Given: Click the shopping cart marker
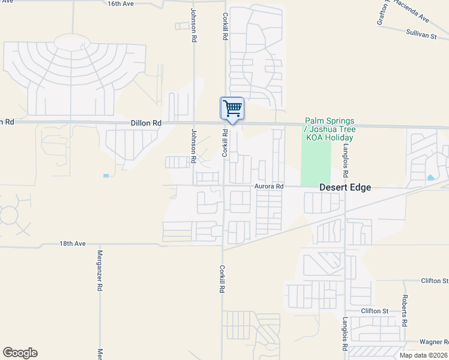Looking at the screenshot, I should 232,109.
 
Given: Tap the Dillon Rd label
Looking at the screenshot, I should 146,122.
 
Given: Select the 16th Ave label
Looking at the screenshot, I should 120,4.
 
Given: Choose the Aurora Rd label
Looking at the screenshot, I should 268,187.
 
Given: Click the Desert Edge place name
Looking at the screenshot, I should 345,187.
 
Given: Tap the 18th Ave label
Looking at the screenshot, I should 73,244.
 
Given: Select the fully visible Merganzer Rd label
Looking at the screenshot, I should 100,271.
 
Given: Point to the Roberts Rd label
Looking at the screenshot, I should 406,311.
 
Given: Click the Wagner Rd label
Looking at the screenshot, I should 433,341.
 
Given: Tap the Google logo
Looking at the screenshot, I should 20,353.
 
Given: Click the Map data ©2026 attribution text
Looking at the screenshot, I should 424,355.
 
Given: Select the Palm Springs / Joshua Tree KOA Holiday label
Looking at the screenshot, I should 330,129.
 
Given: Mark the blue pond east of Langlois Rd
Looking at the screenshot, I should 431,178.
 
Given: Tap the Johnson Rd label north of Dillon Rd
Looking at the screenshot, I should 193,25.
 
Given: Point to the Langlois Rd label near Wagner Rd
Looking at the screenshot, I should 345,334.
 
